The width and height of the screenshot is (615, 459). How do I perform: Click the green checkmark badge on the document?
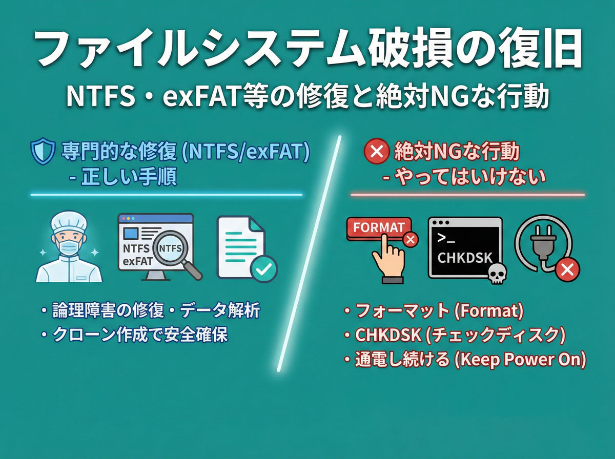263,268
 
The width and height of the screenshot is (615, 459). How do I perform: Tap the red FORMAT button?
379,227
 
